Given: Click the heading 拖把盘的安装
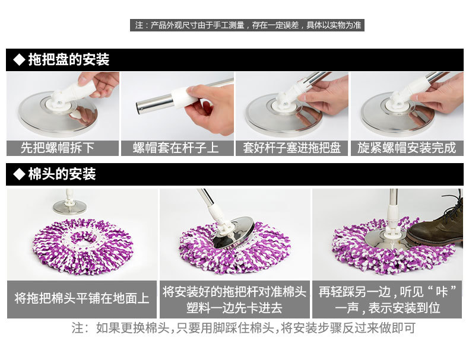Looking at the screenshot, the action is click(69, 59).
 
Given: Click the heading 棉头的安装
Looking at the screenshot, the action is click(62, 174).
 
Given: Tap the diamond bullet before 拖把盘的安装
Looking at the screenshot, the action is click(19, 59).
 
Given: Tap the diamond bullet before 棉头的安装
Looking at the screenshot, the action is click(19, 174).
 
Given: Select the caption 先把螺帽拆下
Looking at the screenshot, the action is click(58, 148).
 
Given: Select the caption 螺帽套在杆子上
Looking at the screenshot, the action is click(176, 148).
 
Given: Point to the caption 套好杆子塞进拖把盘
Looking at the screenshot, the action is click(291, 148).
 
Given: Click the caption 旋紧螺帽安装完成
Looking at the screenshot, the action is click(407, 148).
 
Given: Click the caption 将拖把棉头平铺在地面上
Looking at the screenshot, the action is click(82, 298).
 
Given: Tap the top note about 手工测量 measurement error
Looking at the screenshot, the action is click(248, 25).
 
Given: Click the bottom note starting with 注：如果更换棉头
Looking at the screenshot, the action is click(243, 328).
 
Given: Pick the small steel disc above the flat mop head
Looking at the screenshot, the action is click(70, 207).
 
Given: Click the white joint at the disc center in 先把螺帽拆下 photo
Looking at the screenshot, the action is click(58, 101).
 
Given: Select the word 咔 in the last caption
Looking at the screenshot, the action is click(442, 292).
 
